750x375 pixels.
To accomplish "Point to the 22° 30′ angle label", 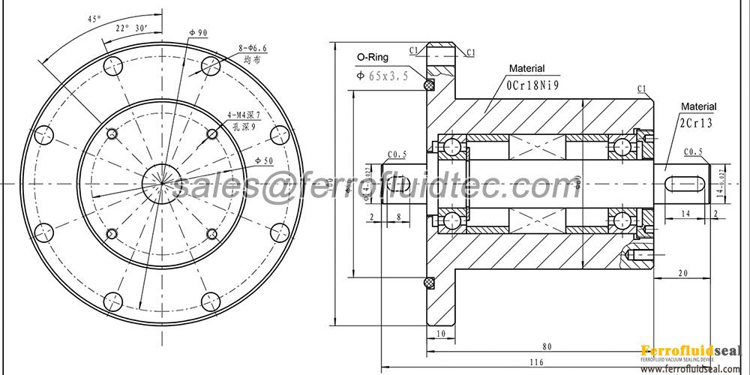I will pos(131,28).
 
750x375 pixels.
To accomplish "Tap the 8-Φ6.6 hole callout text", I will pos(253,47).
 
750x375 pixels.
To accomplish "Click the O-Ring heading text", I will pos(371,56).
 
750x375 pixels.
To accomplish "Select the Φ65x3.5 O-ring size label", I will pos(382,76).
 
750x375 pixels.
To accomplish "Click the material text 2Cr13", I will pos(697,123).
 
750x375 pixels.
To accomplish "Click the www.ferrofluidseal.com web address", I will pos(691,368).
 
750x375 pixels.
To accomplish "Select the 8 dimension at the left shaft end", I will pos(397,217).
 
